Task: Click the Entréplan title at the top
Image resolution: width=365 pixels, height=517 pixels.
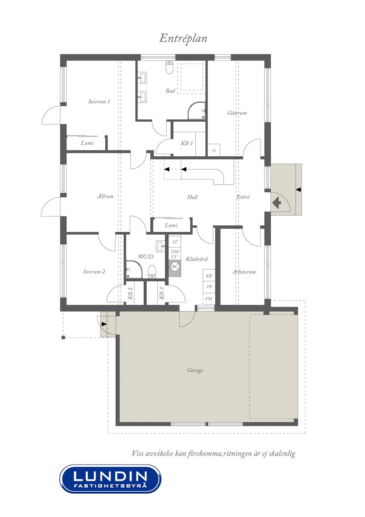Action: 183,38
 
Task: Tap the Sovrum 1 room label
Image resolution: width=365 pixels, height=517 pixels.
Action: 99,101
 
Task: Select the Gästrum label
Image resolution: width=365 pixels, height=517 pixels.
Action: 237,113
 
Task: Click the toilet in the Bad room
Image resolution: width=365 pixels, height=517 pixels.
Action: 169,67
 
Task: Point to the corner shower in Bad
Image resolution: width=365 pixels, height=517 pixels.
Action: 196,110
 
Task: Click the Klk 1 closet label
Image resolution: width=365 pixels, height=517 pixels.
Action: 186,143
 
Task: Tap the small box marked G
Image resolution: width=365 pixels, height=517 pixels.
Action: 214,150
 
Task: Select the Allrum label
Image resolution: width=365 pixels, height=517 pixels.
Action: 105,196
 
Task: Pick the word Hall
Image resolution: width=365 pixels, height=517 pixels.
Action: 192,197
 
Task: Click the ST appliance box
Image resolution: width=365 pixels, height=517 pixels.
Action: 175,242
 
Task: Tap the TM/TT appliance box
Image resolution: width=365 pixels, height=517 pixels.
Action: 175,254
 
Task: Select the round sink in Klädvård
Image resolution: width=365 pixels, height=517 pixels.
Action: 175,267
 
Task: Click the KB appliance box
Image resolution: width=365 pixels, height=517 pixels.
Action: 209,276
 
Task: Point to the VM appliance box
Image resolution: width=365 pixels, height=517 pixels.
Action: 209,299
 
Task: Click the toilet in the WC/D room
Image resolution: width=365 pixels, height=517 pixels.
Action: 152,272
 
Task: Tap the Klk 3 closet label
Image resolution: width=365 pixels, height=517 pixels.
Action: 162,293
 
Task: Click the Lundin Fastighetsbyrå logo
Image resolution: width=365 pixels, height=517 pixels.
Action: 110,479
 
